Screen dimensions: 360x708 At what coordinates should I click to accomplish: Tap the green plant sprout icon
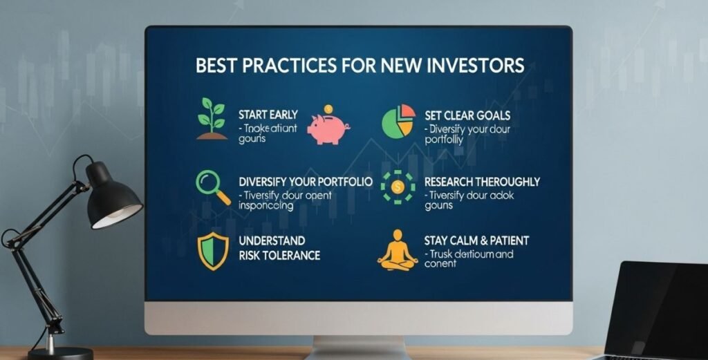click(212, 118)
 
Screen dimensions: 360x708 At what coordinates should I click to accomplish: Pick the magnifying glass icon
click(212, 187)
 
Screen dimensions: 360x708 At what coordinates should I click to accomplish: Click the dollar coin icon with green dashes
click(398, 186)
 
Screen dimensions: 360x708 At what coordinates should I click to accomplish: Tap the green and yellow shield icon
click(212, 252)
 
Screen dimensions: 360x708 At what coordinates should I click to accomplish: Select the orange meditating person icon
click(398, 249)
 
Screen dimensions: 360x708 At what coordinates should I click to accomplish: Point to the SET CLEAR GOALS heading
click(468, 115)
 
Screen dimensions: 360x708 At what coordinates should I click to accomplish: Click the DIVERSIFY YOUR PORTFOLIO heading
click(305, 182)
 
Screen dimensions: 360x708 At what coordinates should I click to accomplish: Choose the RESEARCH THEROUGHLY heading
click(482, 182)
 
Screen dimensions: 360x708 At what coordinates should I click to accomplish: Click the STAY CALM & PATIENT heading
click(476, 240)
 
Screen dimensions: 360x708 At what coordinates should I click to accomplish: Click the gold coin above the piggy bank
click(328, 110)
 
